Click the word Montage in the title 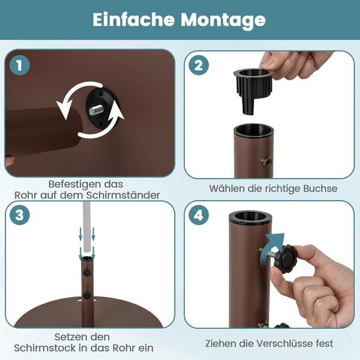(223, 20)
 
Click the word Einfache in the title (134, 20)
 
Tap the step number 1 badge (20, 65)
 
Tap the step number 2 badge (199, 65)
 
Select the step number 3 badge (20, 215)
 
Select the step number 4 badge (199, 215)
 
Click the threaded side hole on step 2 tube (267, 163)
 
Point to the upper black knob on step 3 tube (87, 272)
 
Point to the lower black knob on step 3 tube (87, 295)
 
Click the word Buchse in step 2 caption (320, 188)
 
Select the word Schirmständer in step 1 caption (123, 195)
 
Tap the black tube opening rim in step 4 (250, 218)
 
